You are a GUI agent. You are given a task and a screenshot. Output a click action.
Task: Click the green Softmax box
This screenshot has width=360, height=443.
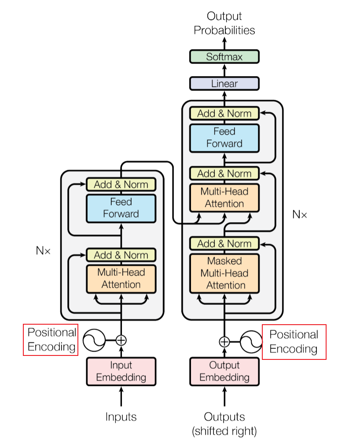pos(224,57)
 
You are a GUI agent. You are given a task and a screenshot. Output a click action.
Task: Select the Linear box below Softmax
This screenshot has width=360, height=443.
pos(224,84)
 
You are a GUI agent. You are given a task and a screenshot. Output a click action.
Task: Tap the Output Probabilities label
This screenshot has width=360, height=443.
pos(224,23)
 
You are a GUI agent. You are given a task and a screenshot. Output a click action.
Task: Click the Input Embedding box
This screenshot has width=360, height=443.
pos(121,371)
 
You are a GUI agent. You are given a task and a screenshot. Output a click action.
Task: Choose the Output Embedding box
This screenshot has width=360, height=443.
pos(224,371)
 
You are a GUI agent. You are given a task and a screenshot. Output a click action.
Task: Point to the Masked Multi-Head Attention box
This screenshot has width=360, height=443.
pos(224,273)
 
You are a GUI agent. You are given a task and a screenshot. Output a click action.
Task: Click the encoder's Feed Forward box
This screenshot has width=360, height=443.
pos(121,208)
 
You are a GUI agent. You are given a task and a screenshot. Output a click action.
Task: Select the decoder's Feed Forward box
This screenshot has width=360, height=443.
pos(224,137)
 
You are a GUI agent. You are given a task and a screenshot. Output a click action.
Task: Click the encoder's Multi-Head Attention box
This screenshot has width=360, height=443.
pos(121,278)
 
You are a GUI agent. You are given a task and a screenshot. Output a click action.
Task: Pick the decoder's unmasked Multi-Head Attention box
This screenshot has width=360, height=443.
pos(224,198)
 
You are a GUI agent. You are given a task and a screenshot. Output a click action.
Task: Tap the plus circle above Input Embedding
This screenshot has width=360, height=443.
pos(121,340)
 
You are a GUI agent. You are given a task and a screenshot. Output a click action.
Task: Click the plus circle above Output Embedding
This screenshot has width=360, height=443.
pos(224,341)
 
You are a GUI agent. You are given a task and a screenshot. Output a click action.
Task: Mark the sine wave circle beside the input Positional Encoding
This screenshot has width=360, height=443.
pos(94,340)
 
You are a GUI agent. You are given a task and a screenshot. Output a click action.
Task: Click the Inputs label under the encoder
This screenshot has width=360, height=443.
pos(121,417)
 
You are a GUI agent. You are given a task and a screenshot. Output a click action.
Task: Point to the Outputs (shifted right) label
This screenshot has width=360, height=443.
pos(224,423)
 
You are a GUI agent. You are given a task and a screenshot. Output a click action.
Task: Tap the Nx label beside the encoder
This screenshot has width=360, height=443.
pos(43,251)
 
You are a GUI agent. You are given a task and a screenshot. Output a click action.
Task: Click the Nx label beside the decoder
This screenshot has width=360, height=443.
pos(300,215)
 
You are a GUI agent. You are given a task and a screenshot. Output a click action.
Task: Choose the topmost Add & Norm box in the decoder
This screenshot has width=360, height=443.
pos(224,113)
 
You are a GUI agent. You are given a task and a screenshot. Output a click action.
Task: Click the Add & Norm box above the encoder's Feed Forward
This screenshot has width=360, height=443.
pos(121,184)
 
